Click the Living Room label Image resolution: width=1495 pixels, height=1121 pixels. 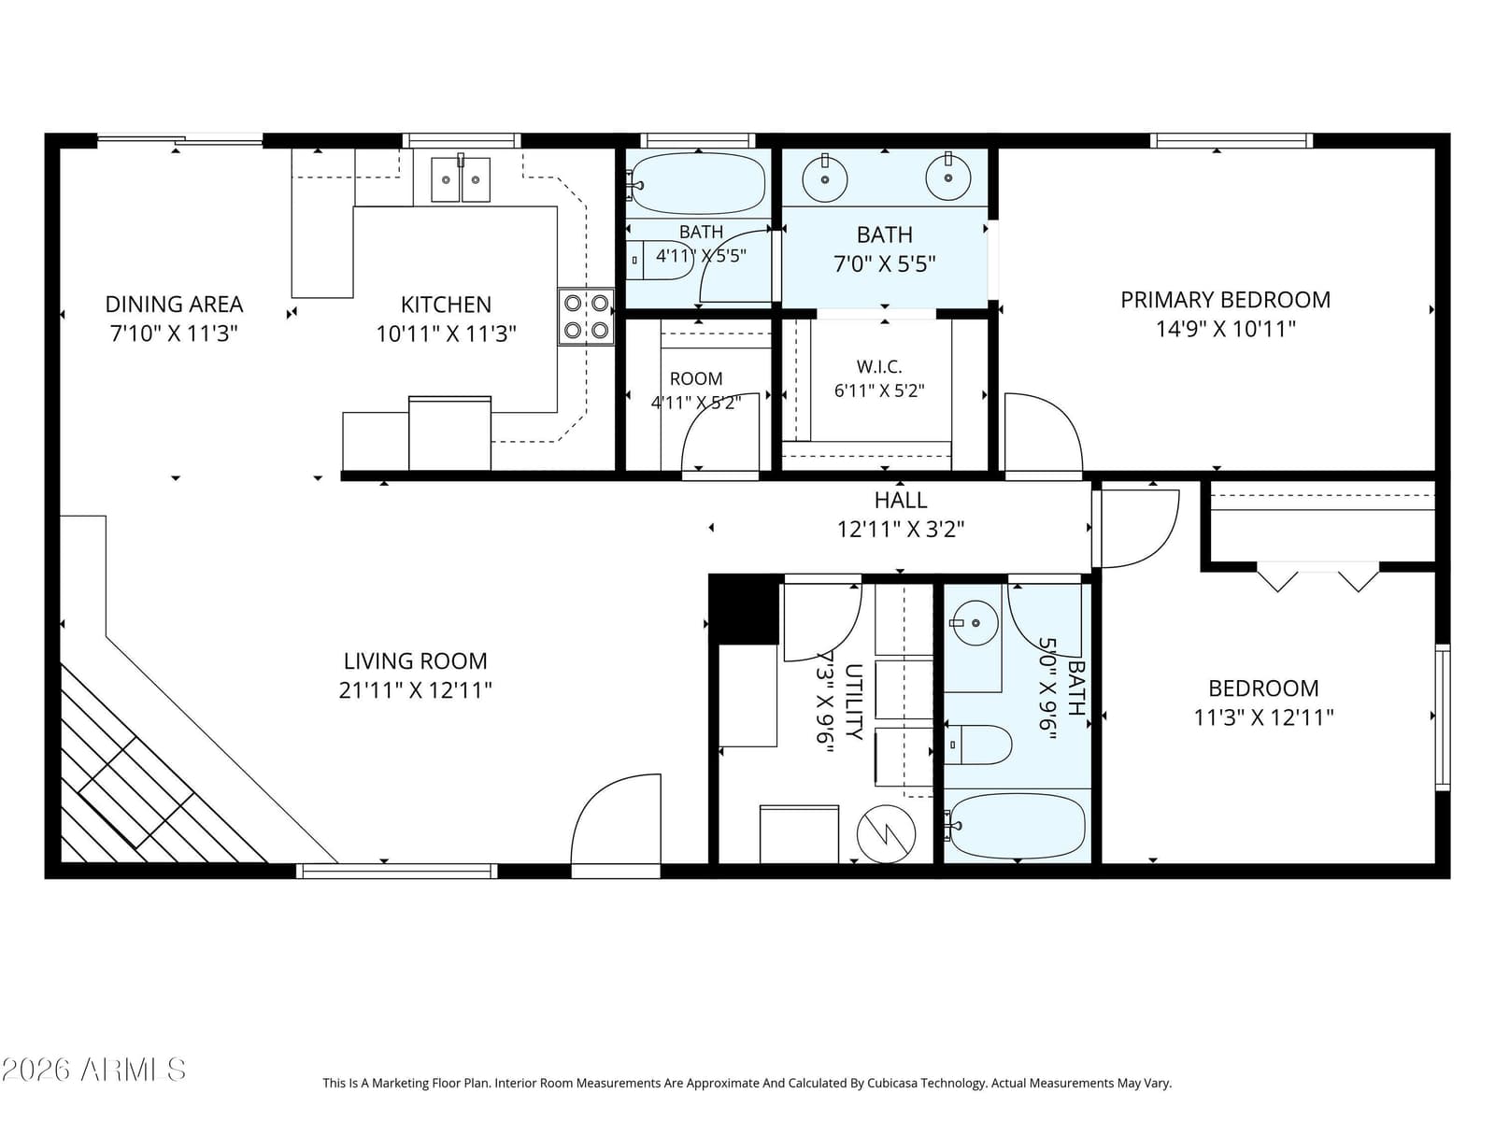[415, 660]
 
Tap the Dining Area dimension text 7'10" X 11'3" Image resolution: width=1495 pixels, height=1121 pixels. [174, 333]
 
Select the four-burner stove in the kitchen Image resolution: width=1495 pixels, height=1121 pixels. [586, 317]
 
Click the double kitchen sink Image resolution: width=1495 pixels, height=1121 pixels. [461, 179]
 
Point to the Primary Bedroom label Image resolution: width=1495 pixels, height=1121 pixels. [1225, 300]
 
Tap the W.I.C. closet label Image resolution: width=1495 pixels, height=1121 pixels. [879, 367]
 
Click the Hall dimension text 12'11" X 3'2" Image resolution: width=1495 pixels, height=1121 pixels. [901, 529]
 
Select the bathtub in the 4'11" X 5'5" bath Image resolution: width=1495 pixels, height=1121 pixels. [696, 183]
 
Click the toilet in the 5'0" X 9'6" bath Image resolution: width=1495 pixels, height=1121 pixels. [978, 745]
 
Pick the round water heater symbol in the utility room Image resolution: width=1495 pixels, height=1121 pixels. [886, 834]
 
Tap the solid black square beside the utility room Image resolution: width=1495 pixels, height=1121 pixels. [744, 609]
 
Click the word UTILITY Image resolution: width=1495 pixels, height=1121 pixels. [853, 701]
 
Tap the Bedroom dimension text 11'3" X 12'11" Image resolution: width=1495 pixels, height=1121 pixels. [1263, 717]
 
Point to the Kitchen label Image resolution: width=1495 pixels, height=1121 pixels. [446, 305]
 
